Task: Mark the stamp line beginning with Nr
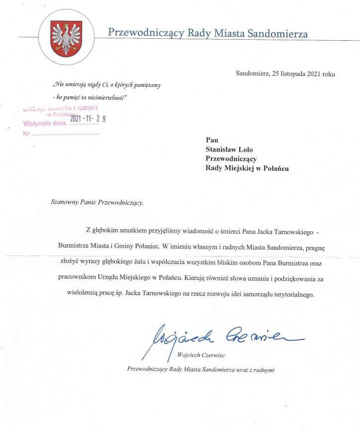[x=60, y=134]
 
